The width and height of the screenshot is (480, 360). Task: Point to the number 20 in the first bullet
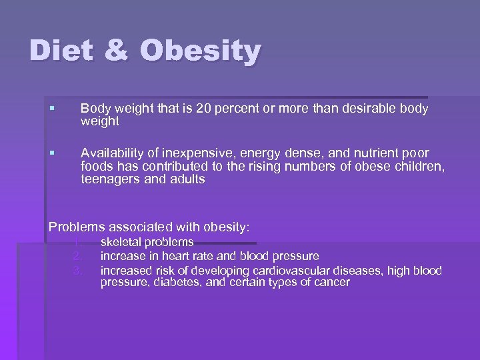(x=213, y=109)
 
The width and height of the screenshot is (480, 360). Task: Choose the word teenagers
(x=109, y=180)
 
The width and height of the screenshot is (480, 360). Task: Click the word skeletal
(x=121, y=242)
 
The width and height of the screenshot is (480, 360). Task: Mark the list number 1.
(x=78, y=242)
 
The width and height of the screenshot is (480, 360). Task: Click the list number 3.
(x=78, y=269)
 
